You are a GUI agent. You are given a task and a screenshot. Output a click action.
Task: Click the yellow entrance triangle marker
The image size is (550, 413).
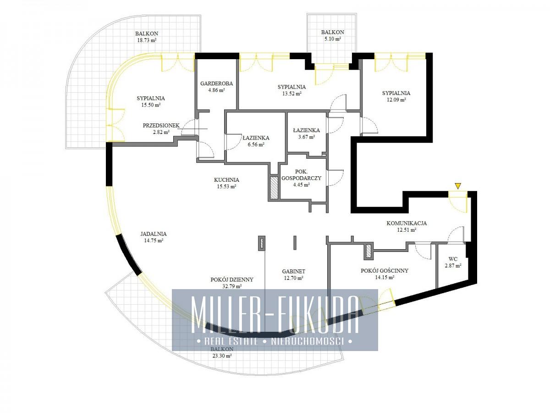click(458, 186)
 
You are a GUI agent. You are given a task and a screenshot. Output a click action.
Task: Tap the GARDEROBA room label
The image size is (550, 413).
click(216, 84)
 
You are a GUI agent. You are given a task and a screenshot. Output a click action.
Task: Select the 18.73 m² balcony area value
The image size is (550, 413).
click(147, 40)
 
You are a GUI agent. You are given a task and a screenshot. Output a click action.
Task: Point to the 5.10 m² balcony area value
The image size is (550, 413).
click(332, 39)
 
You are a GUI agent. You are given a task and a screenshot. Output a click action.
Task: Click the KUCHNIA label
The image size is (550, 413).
click(226, 180)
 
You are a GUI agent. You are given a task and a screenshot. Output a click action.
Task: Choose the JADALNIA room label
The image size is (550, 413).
click(154, 234)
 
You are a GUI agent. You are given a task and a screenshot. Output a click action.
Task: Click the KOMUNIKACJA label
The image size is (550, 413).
click(407, 223)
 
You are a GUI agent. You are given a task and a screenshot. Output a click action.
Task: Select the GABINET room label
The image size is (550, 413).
click(294, 271)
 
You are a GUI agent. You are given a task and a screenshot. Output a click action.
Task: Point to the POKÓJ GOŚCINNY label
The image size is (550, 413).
click(385, 271)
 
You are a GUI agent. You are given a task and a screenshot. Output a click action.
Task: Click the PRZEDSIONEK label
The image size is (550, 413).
click(161, 125)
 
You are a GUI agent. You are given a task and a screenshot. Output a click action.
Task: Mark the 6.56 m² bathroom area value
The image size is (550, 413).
click(256, 145)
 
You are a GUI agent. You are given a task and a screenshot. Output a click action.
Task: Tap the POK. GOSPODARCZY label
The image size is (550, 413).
click(302, 175)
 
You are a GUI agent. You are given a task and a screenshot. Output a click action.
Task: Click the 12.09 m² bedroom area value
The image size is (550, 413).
click(396, 100)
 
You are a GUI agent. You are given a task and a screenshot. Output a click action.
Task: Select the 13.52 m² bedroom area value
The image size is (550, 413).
click(291, 94)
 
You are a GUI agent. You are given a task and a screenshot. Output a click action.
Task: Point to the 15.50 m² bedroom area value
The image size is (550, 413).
click(151, 105)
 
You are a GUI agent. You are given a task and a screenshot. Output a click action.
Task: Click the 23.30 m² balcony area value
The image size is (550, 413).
click(221, 355)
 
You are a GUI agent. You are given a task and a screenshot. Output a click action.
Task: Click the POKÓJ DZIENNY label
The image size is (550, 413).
click(232, 279)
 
